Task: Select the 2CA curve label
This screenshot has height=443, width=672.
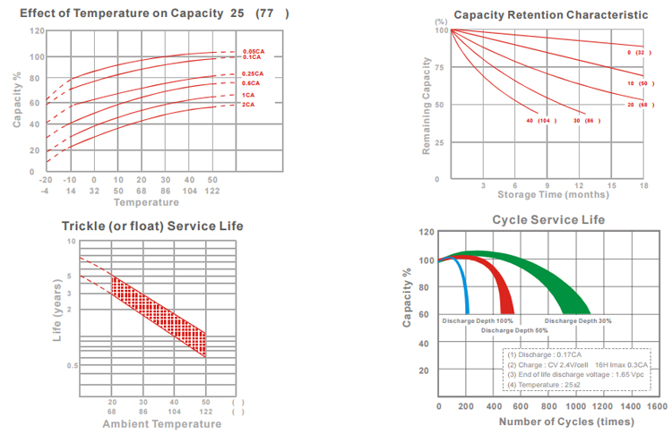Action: click(246, 106)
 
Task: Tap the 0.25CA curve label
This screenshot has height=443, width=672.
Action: click(252, 73)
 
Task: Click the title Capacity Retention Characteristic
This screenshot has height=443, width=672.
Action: click(550, 15)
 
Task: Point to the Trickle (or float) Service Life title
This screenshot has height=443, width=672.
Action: click(152, 226)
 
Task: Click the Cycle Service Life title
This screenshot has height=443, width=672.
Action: click(548, 219)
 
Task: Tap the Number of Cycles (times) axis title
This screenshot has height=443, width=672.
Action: click(547, 422)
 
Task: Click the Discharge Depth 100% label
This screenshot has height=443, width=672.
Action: click(478, 319)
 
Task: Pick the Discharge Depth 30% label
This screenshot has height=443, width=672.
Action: click(578, 319)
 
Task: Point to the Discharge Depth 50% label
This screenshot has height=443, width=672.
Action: click(514, 330)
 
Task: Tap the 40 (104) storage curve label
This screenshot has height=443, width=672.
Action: click(542, 120)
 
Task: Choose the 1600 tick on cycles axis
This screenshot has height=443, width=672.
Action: click(656, 406)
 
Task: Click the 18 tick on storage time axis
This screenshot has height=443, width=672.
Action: click(643, 185)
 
